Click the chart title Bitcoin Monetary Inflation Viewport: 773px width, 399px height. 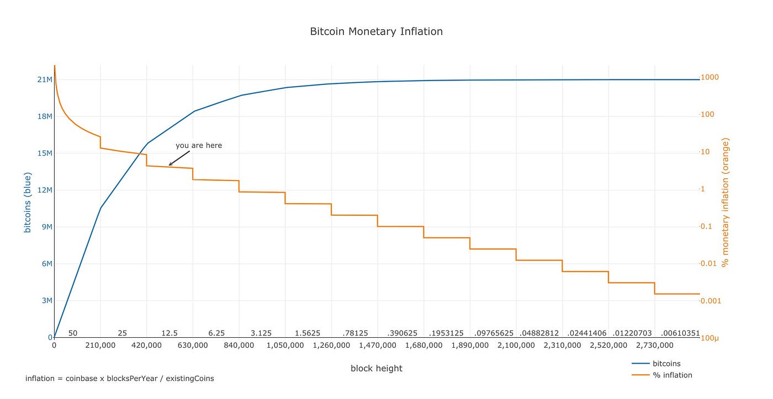pyautogui.click(x=376, y=31)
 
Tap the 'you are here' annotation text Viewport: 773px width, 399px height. pyautogui.click(x=199, y=146)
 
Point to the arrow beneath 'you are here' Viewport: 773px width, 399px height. pyautogui.click(x=179, y=158)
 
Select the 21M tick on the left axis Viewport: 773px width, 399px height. pyautogui.click(x=45, y=79)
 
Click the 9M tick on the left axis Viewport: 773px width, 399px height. pyautogui.click(x=45, y=227)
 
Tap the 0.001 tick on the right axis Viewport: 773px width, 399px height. pyautogui.click(x=711, y=301)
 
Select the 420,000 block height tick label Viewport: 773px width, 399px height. pyautogui.click(x=146, y=345)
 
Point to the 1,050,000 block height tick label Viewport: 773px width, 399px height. pyautogui.click(x=285, y=345)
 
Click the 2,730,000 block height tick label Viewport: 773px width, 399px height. pyautogui.click(x=654, y=345)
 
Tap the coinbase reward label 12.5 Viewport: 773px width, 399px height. pyautogui.click(x=170, y=333)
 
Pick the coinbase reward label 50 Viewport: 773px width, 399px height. pyautogui.click(x=73, y=333)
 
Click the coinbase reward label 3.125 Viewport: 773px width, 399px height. pyautogui.click(x=261, y=333)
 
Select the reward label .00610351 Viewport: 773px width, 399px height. pyautogui.click(x=680, y=333)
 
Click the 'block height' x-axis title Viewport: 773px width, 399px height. pyautogui.click(x=376, y=369)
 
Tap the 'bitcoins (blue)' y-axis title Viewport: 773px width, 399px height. pyautogui.click(x=27, y=203)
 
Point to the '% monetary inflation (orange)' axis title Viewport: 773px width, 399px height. pyautogui.click(x=726, y=203)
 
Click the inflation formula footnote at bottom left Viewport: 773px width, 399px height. pyautogui.click(x=119, y=379)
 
